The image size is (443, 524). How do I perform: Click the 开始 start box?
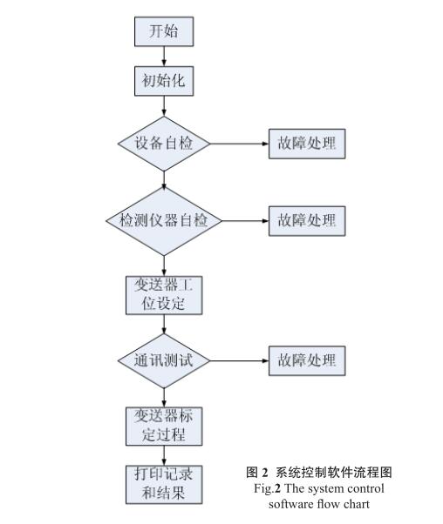[x=164, y=31]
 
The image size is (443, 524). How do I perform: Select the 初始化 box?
[x=164, y=81]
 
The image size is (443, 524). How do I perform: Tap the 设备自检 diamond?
[x=164, y=144]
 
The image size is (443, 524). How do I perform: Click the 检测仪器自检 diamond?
[x=164, y=221]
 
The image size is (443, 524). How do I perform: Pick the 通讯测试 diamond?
[x=164, y=360]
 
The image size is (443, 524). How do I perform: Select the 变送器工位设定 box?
[x=164, y=295]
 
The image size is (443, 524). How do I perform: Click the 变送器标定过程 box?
[x=164, y=427]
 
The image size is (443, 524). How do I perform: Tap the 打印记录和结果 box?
[x=164, y=484]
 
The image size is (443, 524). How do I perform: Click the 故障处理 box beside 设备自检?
[x=307, y=144]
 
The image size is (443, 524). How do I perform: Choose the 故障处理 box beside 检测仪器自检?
[x=307, y=221]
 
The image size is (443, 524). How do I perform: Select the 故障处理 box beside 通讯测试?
[x=307, y=360]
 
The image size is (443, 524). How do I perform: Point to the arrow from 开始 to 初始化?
[x=164, y=57]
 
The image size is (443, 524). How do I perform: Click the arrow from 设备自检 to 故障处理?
[x=240, y=144]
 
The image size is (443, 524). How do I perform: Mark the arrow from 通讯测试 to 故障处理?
[x=240, y=360]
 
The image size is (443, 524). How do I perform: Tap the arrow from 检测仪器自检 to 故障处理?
[x=245, y=221]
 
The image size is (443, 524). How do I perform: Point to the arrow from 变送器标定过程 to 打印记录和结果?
[x=164, y=455]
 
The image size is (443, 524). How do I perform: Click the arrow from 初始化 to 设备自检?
[x=164, y=106]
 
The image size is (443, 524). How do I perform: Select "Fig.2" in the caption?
[x=267, y=489]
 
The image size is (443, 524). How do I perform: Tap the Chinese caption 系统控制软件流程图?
[x=333, y=472]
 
